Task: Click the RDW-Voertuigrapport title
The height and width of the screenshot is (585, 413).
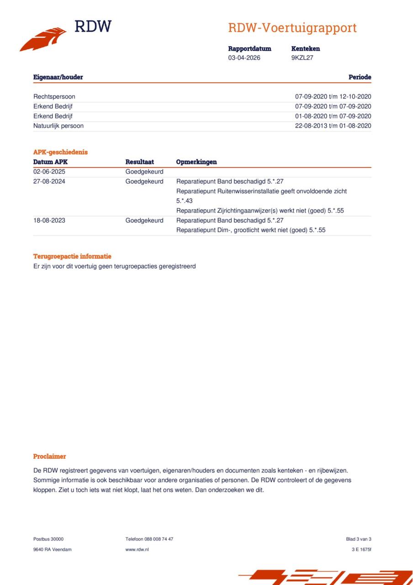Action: (292, 28)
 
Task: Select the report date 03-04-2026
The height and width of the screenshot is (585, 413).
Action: (244, 58)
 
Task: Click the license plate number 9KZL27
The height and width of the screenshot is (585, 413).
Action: (302, 58)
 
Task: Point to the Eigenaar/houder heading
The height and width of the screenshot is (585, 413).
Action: (58, 77)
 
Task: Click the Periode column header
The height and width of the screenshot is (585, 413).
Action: (360, 77)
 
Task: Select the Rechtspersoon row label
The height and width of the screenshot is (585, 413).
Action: (54, 97)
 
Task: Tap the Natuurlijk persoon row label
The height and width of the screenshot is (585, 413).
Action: (58, 126)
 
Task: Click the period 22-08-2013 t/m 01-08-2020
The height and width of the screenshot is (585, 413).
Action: (333, 126)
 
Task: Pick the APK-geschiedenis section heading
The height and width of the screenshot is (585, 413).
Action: (60, 152)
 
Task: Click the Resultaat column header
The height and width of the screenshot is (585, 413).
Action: (139, 162)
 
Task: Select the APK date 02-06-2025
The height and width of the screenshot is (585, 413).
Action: (49, 172)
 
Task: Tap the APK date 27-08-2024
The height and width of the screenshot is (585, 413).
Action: (49, 181)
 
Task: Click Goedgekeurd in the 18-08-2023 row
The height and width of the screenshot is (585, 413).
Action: (144, 220)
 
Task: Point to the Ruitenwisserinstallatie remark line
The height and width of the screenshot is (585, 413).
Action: (261, 191)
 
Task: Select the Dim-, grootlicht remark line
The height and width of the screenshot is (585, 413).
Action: (251, 230)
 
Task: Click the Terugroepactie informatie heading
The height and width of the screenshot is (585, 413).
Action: (72, 256)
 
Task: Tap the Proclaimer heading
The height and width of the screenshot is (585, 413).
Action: (49, 456)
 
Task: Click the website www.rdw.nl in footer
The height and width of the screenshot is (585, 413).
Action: (137, 549)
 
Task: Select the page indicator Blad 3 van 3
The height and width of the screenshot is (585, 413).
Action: (359, 539)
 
